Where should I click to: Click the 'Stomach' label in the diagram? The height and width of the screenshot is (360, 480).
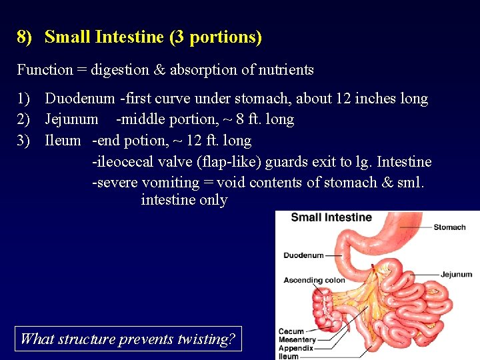coord(449,227)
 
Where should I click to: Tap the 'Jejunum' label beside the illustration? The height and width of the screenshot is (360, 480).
coord(456,274)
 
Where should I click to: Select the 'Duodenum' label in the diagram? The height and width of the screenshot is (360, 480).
coord(303,255)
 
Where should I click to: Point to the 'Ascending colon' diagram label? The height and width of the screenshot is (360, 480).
coord(315,280)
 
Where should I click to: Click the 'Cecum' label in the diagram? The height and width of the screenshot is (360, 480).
coord(291,331)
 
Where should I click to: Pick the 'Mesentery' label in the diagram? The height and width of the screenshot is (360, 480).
coord(297,340)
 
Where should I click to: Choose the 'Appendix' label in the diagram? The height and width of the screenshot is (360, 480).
coord(295,348)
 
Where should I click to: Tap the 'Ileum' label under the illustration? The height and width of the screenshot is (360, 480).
coord(289,356)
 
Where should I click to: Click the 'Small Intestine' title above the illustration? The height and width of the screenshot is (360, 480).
coord(331,217)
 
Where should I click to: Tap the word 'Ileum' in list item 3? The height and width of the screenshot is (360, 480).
coord(63,141)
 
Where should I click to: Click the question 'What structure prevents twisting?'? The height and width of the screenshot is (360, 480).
coord(128,339)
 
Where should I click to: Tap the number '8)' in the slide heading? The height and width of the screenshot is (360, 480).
coord(25,37)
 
